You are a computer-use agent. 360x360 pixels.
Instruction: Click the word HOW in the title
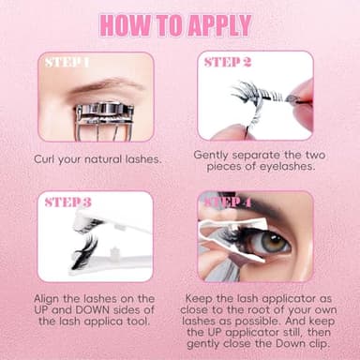click(126, 23)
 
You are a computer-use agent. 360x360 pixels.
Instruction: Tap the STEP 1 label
click(68, 65)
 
